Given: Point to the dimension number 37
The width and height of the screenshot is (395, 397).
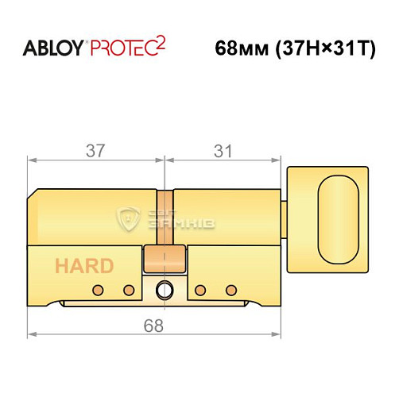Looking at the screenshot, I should pyautogui.click(x=95, y=148).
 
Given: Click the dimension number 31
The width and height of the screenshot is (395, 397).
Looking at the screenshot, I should pyautogui.click(x=224, y=148).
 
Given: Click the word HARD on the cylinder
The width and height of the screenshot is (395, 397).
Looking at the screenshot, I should pyautogui.click(x=83, y=266).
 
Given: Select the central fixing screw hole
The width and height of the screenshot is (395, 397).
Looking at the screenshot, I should pyautogui.click(x=165, y=289).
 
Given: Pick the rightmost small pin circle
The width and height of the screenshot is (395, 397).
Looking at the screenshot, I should pyautogui.click(x=231, y=288).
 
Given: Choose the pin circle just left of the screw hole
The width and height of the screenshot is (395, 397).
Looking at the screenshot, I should pyautogui.click(x=130, y=288).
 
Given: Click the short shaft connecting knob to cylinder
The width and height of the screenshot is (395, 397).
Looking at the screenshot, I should pyautogui.click(x=286, y=216).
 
